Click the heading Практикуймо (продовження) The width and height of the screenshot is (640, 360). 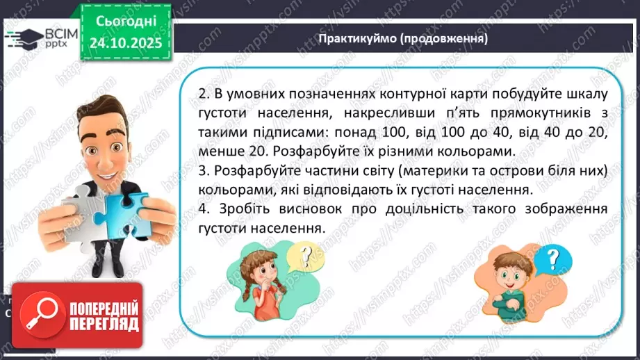[403, 38]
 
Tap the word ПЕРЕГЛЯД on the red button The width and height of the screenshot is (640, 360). [102, 323]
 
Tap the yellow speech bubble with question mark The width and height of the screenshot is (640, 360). [300, 259]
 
